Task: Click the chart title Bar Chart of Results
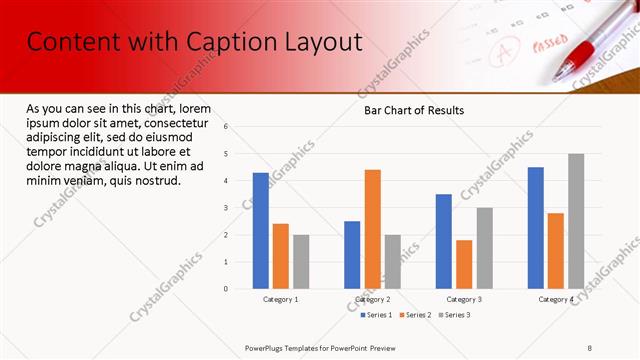point(413,110)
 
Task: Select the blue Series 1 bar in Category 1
point(260,231)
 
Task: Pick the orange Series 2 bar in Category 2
point(372,229)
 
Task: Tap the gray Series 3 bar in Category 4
point(576,221)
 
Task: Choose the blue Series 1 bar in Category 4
point(535,228)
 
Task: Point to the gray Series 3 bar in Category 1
point(301,262)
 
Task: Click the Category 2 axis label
point(372,300)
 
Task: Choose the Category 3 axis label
point(464,300)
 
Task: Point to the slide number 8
point(590,347)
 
